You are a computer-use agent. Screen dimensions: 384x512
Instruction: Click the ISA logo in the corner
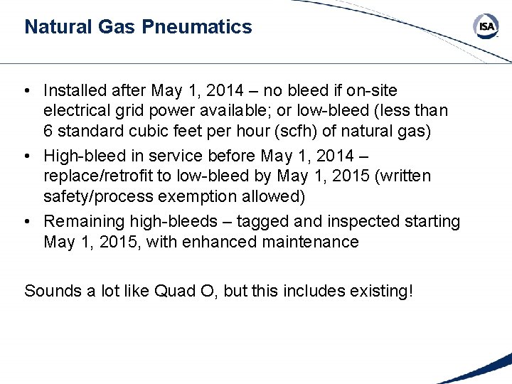click(486, 27)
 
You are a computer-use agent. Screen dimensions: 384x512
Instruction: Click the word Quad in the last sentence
click(173, 290)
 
